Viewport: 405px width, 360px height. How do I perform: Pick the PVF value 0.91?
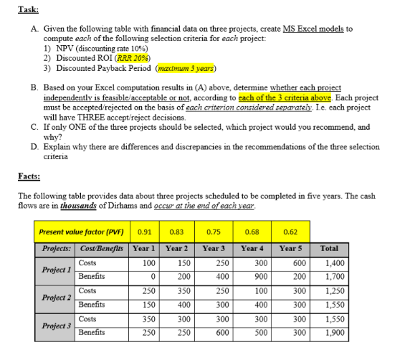(144, 232)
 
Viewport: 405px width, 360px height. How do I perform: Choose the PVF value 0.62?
(291, 232)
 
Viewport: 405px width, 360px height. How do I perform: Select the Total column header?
(330, 248)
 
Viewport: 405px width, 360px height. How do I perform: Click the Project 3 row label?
(54, 326)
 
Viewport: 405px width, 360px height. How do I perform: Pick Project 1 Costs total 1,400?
(330, 264)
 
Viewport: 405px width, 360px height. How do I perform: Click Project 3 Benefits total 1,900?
(330, 333)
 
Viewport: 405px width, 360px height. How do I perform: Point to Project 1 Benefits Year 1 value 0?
(148, 275)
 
